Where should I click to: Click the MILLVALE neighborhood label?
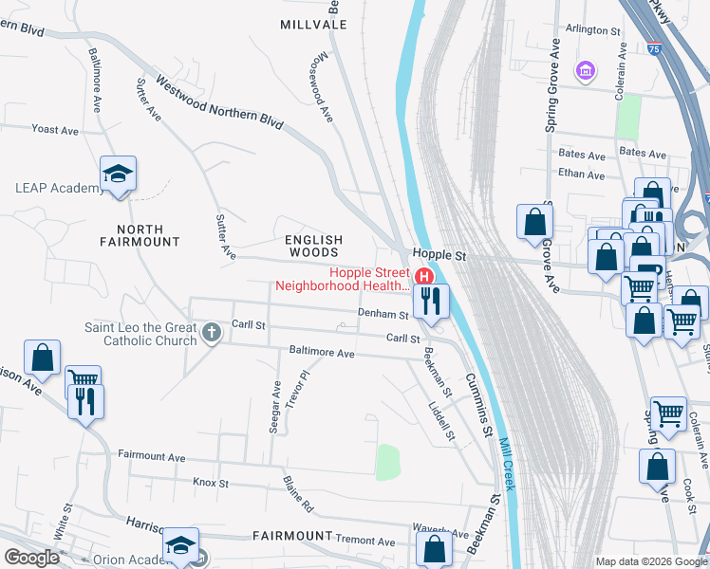[313, 24]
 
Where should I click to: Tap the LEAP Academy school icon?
[119, 174]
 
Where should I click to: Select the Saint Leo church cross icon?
[212, 334]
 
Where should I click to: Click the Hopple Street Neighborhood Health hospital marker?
[425, 276]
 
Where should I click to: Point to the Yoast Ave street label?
[54, 129]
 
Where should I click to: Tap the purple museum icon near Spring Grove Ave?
[586, 71]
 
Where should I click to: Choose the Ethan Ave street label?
[582, 174]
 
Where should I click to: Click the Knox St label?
[212, 483]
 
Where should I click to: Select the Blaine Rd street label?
[298, 495]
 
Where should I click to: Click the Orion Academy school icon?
[180, 544]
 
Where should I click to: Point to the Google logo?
[31, 558]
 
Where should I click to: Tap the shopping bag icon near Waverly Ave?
[435, 548]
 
